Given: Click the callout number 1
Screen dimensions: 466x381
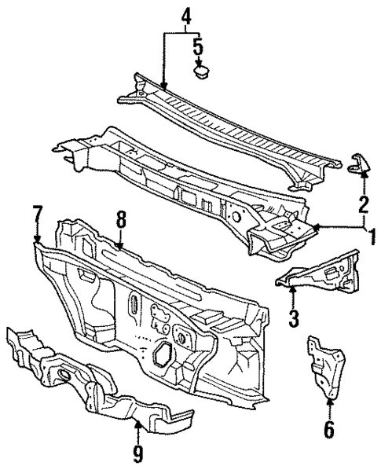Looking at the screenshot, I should (x=371, y=235).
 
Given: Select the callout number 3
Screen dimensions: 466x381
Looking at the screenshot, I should (x=293, y=317).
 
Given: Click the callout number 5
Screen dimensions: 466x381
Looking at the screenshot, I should (x=200, y=47).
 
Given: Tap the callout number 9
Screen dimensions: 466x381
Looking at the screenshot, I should (x=138, y=452).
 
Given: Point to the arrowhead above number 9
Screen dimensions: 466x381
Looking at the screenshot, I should (x=138, y=425).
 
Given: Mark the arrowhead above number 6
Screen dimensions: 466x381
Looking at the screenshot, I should (x=328, y=403).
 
